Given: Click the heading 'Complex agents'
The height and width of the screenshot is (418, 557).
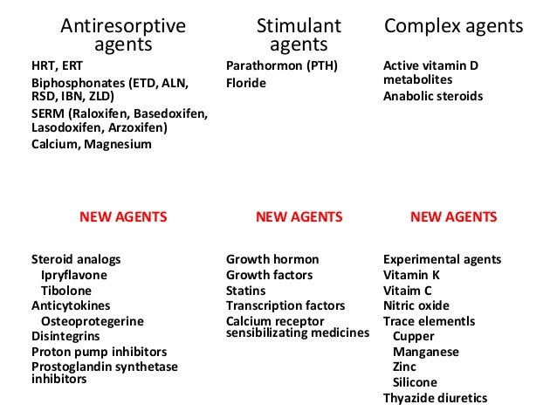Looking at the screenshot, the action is (x=454, y=26).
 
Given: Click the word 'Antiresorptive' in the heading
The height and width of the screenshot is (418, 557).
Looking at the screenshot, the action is (x=122, y=26).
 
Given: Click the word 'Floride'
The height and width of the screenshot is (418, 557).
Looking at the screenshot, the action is (x=245, y=83).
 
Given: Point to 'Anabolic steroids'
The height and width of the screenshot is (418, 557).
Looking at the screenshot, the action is (x=433, y=96).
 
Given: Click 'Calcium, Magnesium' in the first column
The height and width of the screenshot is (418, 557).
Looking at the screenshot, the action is (x=91, y=144).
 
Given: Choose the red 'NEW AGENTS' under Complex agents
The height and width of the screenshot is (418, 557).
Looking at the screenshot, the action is (x=453, y=216).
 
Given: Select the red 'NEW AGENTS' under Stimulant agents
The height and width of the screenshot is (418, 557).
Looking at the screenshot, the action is (x=299, y=216).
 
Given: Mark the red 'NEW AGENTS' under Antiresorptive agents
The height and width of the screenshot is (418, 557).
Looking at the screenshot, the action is (x=123, y=216).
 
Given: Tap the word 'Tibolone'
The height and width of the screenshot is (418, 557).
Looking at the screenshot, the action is (x=65, y=291).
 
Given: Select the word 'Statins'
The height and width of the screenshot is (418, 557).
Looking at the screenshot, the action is (x=246, y=291).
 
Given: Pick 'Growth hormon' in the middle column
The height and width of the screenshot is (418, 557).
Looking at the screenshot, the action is (x=272, y=259).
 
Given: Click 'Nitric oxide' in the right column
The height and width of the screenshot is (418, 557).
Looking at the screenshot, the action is (x=416, y=305).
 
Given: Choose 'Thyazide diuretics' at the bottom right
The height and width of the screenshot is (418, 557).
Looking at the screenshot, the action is (x=435, y=399).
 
